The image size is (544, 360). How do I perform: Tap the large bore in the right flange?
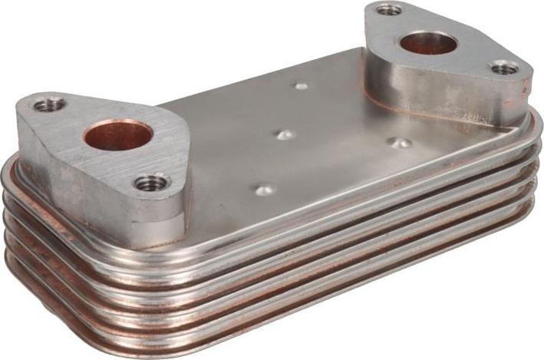(428, 43)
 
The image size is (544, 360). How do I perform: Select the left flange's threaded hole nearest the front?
(150, 183)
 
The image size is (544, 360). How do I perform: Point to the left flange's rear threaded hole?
(49, 102)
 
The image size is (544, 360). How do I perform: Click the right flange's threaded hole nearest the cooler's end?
(504, 68)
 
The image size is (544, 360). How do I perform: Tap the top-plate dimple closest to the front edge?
(264, 189)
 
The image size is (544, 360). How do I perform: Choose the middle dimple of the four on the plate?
(285, 134)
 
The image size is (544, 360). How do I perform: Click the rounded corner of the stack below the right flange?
(529, 154)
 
